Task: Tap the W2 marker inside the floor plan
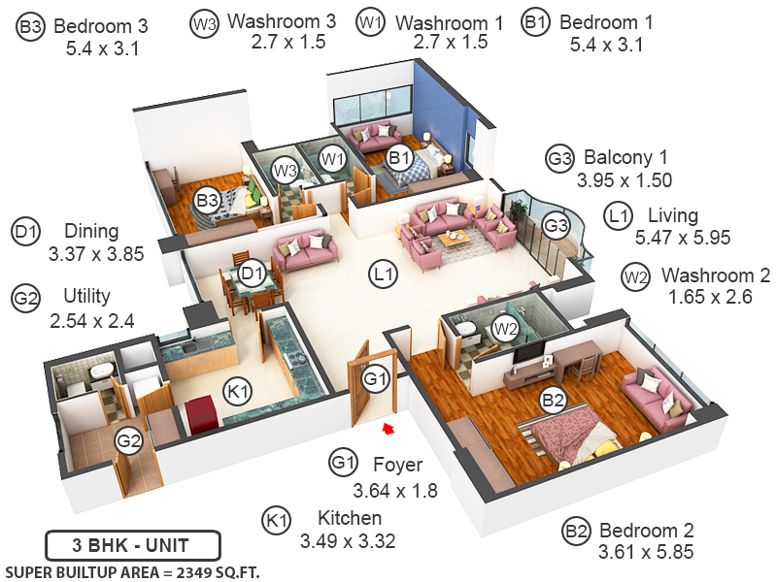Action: click(504, 328)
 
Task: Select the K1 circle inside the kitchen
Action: click(237, 391)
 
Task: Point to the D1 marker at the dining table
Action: click(253, 275)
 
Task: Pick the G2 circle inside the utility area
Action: click(128, 441)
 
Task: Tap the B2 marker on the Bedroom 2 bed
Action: click(553, 399)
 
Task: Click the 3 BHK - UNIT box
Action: click(133, 543)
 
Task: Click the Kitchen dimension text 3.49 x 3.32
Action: click(347, 541)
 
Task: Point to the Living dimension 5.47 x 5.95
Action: click(682, 237)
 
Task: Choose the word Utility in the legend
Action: click(87, 296)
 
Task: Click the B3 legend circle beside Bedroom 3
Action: click(30, 27)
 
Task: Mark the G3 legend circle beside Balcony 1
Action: click(558, 158)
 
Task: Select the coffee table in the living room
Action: click(454, 239)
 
